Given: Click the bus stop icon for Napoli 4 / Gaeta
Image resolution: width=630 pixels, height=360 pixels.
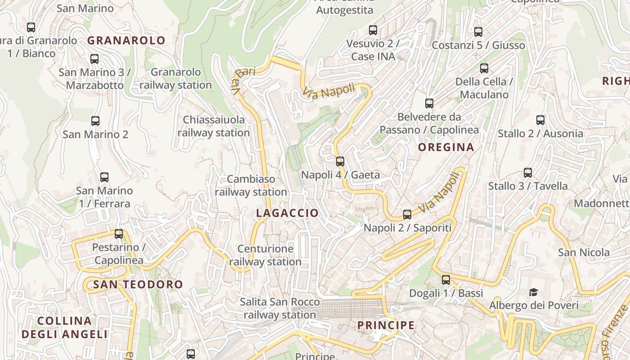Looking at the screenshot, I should [x=340, y=161].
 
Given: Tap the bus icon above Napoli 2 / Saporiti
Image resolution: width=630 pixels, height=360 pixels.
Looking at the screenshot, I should [x=407, y=214].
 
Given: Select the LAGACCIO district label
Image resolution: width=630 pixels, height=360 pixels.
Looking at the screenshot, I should [x=287, y=213].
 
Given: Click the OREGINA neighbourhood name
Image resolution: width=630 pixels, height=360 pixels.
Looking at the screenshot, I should [x=446, y=147].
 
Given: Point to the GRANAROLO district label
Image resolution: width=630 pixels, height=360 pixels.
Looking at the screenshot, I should [x=126, y=40].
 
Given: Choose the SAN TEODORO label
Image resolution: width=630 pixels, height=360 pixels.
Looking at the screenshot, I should [x=138, y=284].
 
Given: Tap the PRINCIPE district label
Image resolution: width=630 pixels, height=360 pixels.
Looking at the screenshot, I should [x=386, y=325].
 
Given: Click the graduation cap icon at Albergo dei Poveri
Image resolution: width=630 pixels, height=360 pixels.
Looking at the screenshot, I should [x=533, y=292].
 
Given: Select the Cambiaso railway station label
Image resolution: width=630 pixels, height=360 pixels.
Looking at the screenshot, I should [x=251, y=185].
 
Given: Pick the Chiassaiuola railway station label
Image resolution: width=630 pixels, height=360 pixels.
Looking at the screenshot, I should [x=213, y=126].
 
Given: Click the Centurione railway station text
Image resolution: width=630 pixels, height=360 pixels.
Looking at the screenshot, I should [x=265, y=255].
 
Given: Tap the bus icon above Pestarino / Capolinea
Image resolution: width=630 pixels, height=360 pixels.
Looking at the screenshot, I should [x=119, y=234].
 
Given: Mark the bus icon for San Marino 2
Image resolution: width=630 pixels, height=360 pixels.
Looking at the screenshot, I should [x=95, y=121].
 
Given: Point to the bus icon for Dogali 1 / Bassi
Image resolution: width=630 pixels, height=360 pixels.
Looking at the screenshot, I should [x=446, y=279].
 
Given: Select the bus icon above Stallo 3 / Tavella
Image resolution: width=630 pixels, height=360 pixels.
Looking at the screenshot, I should [x=528, y=172].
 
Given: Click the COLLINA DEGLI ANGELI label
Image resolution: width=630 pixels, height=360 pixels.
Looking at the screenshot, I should [x=65, y=328].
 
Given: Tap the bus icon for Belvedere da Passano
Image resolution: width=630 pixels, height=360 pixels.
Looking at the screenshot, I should [x=429, y=103].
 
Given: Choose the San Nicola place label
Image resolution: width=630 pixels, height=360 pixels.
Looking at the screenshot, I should [x=584, y=252].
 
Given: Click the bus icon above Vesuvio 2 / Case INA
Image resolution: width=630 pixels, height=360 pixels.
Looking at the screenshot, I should [x=373, y=30].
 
